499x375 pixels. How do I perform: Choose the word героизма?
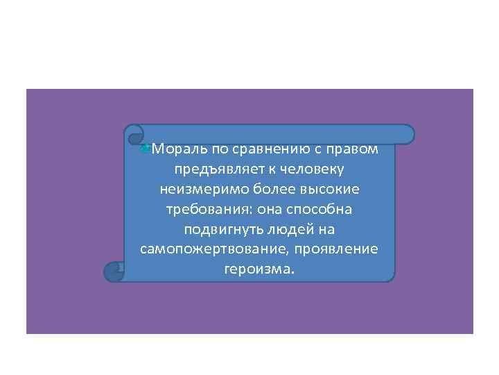tap(259, 269)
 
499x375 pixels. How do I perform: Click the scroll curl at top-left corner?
tap(134, 134)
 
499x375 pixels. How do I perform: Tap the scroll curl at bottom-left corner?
tap(114, 272)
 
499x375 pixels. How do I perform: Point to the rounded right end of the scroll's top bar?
tap(408, 134)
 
